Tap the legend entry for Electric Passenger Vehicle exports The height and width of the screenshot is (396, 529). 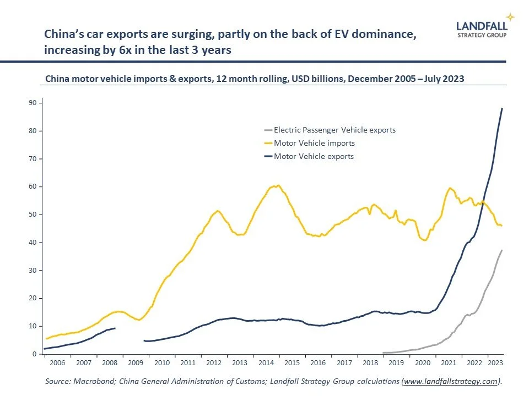pos(334,130)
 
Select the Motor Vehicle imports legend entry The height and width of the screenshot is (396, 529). pos(314,143)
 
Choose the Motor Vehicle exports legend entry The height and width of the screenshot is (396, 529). pos(314,156)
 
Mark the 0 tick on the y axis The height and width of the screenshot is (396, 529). pos(34,354)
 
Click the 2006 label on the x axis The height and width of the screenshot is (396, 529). pos(57,363)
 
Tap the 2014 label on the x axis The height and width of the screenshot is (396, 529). pos(266,363)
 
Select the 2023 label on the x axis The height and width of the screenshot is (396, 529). pos(494,363)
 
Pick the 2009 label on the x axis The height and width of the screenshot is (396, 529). pos(136,363)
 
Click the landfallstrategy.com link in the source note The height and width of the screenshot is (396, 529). pos(451,381)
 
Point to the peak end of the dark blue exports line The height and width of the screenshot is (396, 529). pos(501,108)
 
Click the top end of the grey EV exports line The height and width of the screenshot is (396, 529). pos(501,250)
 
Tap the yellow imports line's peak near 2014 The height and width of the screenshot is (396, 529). pos(278,185)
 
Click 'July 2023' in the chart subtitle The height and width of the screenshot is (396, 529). pos(444,79)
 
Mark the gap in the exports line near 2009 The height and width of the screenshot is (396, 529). pos(129,335)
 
